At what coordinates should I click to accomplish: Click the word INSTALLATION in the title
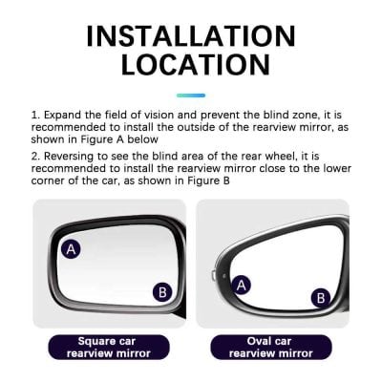click(x=191, y=35)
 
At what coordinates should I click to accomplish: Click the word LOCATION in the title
click(x=191, y=65)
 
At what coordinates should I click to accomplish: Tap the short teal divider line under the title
click(x=191, y=95)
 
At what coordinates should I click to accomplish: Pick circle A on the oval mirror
click(x=242, y=284)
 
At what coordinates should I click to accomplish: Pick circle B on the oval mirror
click(x=322, y=297)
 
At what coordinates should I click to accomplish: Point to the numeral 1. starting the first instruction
click(x=36, y=113)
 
